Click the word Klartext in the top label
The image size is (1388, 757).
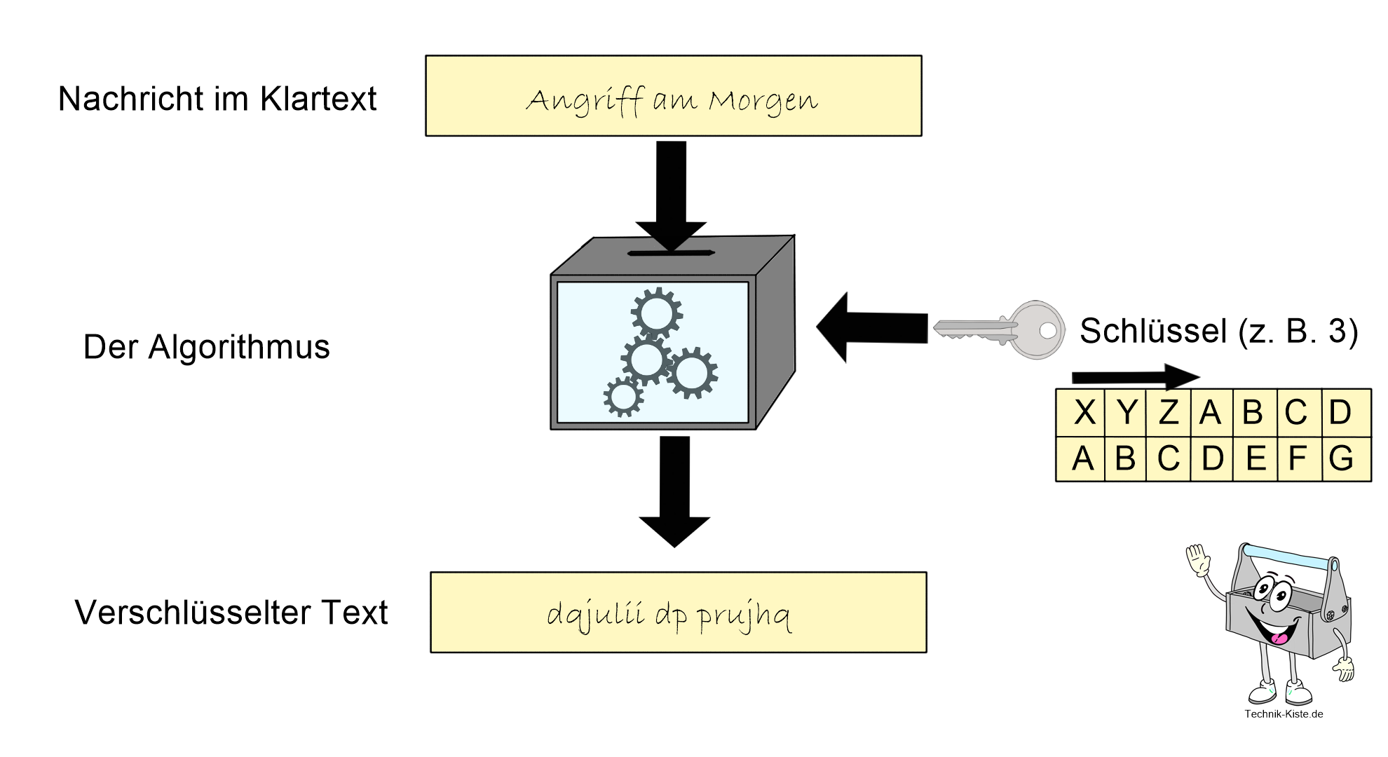pos(318,99)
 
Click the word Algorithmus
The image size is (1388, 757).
pos(238,347)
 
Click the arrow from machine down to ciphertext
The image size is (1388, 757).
pos(674,491)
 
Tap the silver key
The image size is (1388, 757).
pos(999,329)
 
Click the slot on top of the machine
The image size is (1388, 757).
pos(671,253)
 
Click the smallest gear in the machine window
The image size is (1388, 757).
pos(622,397)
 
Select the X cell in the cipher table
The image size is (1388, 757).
pos(1084,412)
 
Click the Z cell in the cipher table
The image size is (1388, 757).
pos(1168,412)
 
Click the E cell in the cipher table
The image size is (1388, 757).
pos(1256,459)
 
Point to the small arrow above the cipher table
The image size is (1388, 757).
pos(1136,377)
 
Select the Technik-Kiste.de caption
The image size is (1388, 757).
pos(1284,714)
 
